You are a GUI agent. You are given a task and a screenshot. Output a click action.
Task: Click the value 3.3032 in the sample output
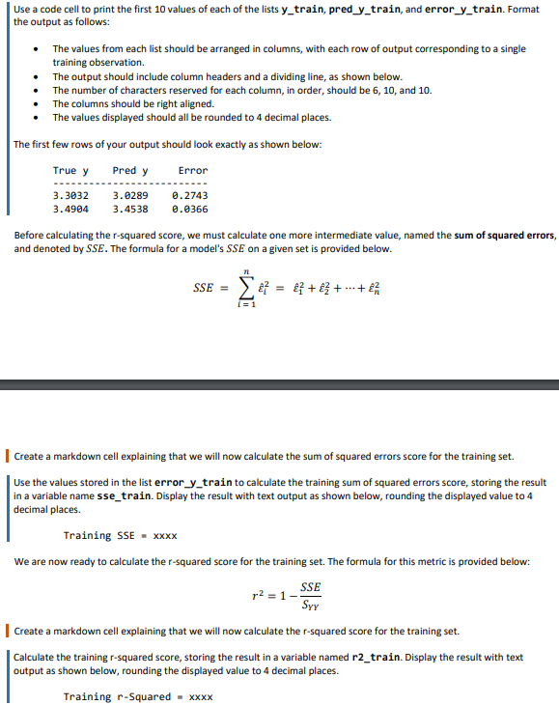pyautogui.click(x=70, y=195)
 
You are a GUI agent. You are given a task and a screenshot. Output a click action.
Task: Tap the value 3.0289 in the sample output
pyautogui.click(x=130, y=195)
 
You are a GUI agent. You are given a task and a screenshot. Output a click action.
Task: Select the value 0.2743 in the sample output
pyautogui.click(x=189, y=195)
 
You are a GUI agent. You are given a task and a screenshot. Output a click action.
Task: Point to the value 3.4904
pyautogui.click(x=70, y=208)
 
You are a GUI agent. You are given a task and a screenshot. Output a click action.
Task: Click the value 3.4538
pyautogui.click(x=130, y=208)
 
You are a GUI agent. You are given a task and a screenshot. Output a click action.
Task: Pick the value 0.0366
pyautogui.click(x=189, y=208)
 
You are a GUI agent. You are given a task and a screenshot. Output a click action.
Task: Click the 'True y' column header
pyautogui.click(x=70, y=170)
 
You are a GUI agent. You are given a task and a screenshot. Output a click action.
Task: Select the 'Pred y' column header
pyautogui.click(x=130, y=170)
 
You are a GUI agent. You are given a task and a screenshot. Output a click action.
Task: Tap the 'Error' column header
pyautogui.click(x=193, y=170)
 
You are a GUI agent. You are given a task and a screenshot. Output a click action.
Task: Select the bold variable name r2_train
pyautogui.click(x=370, y=657)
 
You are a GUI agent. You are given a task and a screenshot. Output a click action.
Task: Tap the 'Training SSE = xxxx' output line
pyautogui.click(x=120, y=535)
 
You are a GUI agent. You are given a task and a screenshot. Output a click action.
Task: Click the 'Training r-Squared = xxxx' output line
pyautogui.click(x=138, y=696)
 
